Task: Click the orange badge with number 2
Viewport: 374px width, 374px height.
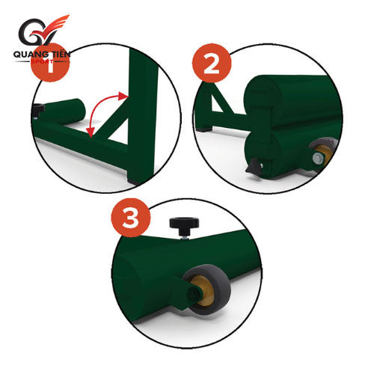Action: pos(212,64)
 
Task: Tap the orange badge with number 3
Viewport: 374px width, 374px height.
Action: pos(131,218)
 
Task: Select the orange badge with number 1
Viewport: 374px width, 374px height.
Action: pos(50,62)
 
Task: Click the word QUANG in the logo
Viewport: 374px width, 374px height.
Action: pos(28,55)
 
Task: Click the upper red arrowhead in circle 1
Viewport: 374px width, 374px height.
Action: pos(123,96)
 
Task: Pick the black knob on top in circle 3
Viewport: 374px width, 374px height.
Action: pos(184,226)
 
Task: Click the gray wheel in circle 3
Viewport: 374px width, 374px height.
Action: pos(206,289)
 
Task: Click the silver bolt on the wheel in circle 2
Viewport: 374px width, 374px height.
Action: pos(317,159)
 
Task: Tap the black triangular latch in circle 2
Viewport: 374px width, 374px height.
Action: pos(254,166)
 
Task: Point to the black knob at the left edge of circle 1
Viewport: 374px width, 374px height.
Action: pos(39,110)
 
